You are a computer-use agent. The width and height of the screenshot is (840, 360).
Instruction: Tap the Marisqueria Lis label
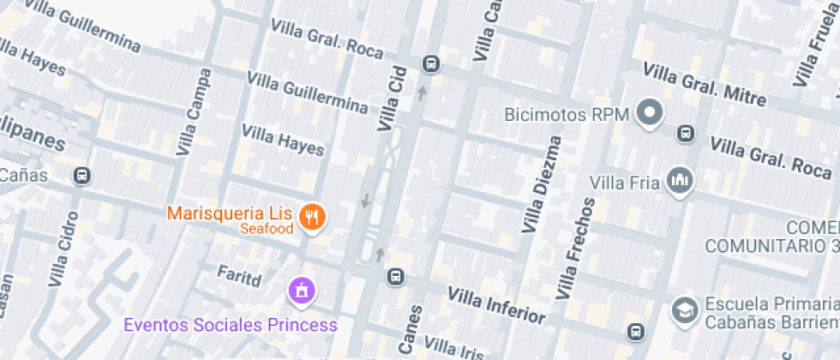pos(230,213)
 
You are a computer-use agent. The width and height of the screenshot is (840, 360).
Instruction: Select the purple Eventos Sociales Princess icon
pos(302,291)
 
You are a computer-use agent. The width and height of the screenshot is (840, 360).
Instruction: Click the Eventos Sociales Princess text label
pos(231,325)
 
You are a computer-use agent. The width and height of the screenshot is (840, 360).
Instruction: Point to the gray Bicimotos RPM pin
pos(651,112)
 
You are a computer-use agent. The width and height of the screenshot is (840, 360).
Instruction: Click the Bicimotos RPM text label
pos(567,114)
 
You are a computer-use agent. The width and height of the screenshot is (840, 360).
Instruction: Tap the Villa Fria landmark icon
pos(681,180)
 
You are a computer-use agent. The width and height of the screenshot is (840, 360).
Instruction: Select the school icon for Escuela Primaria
pos(684,309)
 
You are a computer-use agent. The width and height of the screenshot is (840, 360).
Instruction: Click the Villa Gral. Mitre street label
pos(704,85)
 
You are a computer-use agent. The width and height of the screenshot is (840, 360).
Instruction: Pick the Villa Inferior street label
pos(496,303)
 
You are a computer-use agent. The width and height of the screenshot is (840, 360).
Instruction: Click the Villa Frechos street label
pos(575,249)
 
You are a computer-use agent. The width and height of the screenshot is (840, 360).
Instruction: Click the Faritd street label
pos(238,275)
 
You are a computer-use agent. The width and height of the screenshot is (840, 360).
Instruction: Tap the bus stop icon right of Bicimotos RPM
pos(685,133)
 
